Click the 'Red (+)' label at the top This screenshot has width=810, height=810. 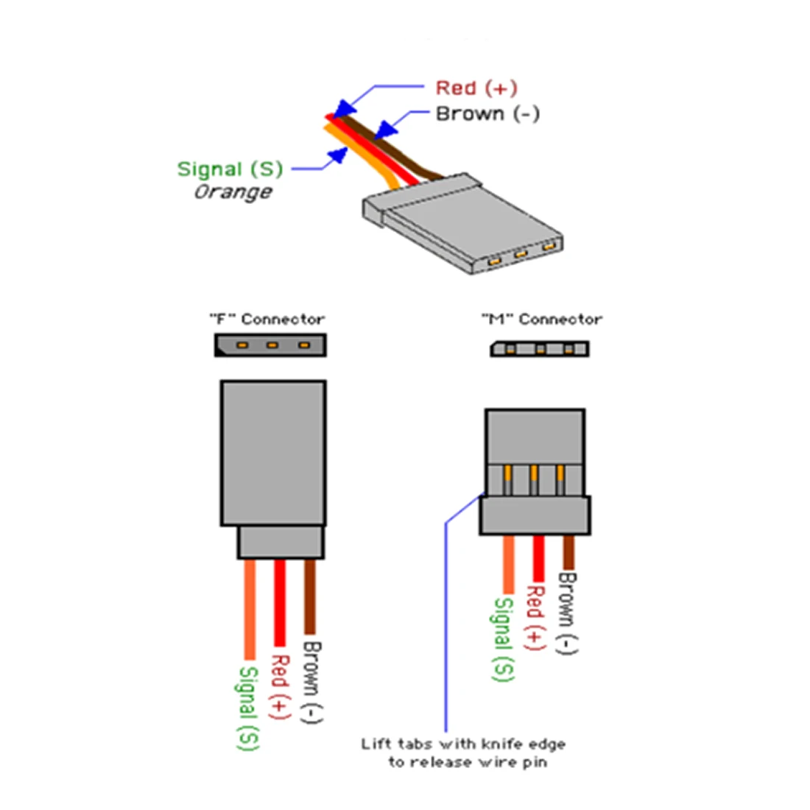tap(476, 88)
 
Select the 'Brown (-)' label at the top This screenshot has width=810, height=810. tap(487, 114)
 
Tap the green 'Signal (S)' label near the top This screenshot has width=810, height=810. tap(230, 169)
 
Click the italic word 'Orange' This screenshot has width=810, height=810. tap(233, 192)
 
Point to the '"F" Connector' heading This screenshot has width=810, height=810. tap(267, 320)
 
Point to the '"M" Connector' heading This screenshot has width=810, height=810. tap(542, 320)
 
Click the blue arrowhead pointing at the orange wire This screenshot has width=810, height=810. tap(338, 155)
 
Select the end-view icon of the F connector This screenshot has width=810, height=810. tap(270, 345)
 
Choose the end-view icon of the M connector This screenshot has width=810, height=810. tap(540, 348)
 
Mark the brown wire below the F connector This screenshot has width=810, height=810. tap(309, 596)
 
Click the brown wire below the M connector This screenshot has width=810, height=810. tap(568, 552)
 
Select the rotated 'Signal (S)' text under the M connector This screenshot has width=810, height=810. tap(503, 638)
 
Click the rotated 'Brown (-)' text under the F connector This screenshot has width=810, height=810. tap(312, 682)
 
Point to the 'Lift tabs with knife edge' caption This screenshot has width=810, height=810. tap(463, 744)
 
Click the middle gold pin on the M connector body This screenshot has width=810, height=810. tap(534, 480)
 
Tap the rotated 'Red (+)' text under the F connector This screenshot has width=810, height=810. tap(280, 686)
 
